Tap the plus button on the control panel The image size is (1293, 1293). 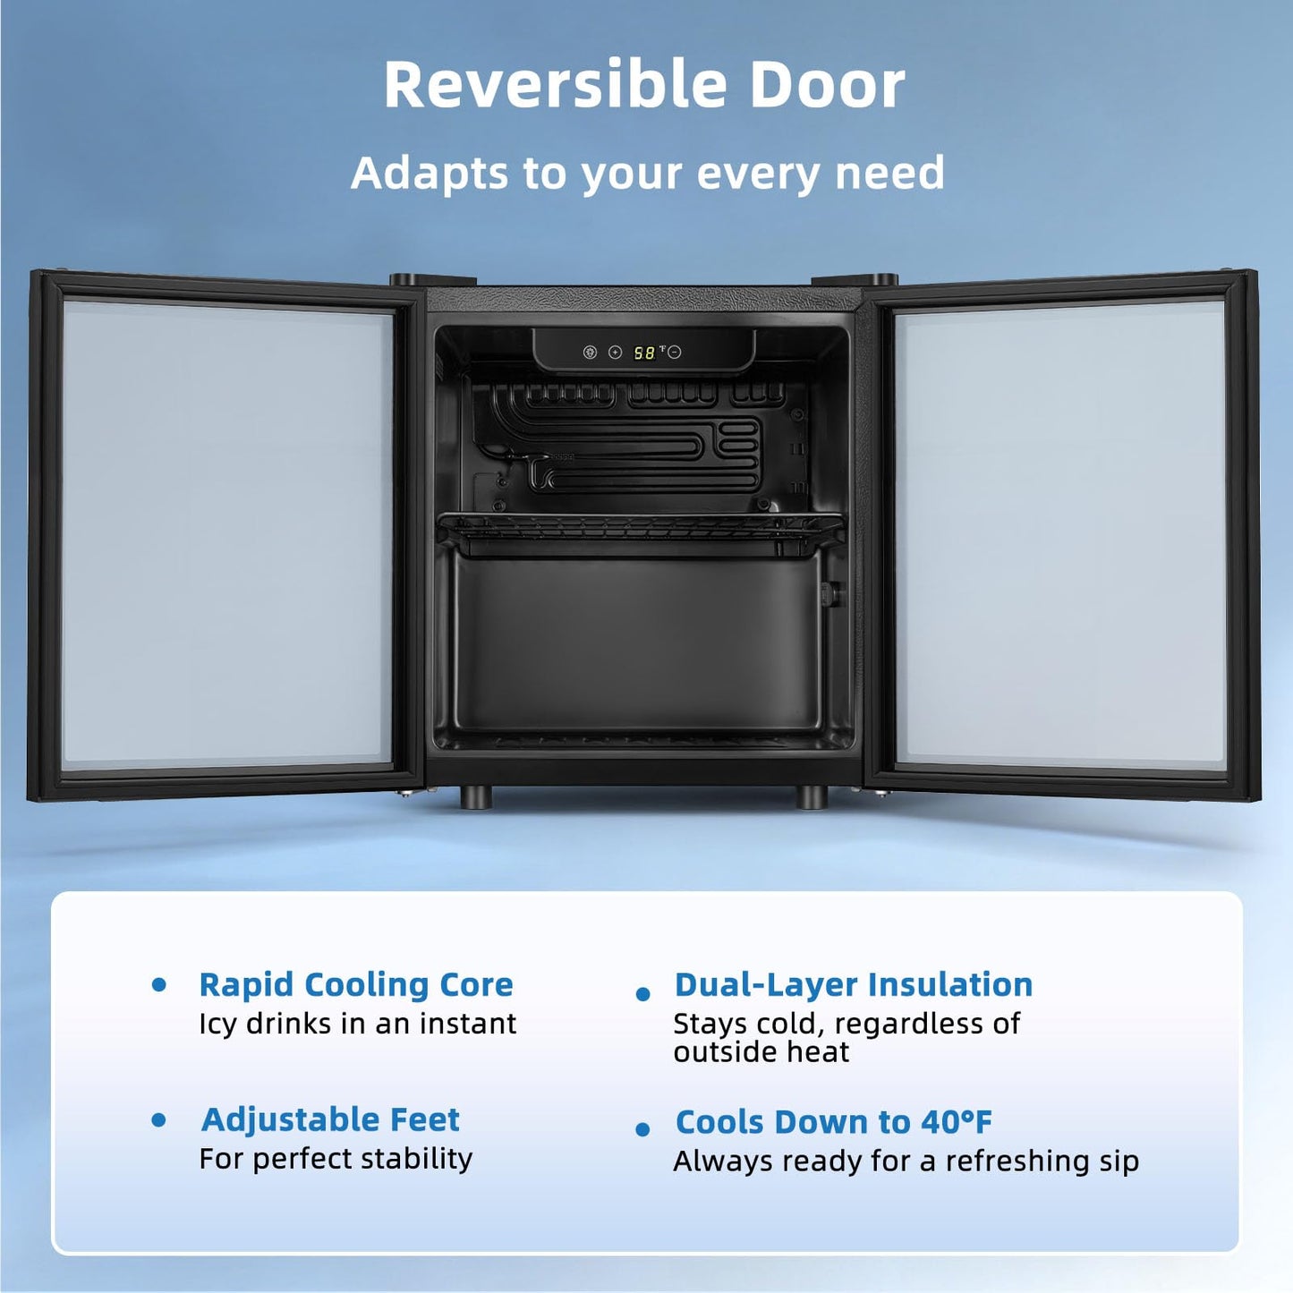pos(615,353)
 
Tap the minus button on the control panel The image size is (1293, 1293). pos(675,353)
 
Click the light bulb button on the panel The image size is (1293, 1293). pos(590,353)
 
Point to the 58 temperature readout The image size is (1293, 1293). pos(644,353)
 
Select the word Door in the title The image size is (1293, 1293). pos(828,85)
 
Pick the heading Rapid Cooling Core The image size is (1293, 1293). pos(356,985)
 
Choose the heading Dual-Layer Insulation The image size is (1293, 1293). pos(854,985)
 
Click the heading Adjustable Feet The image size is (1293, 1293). pos(330,1120)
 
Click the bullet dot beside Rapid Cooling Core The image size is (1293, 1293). pos(159,985)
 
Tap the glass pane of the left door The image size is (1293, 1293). pos(226,532)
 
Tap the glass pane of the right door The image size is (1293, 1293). pos(1061,532)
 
